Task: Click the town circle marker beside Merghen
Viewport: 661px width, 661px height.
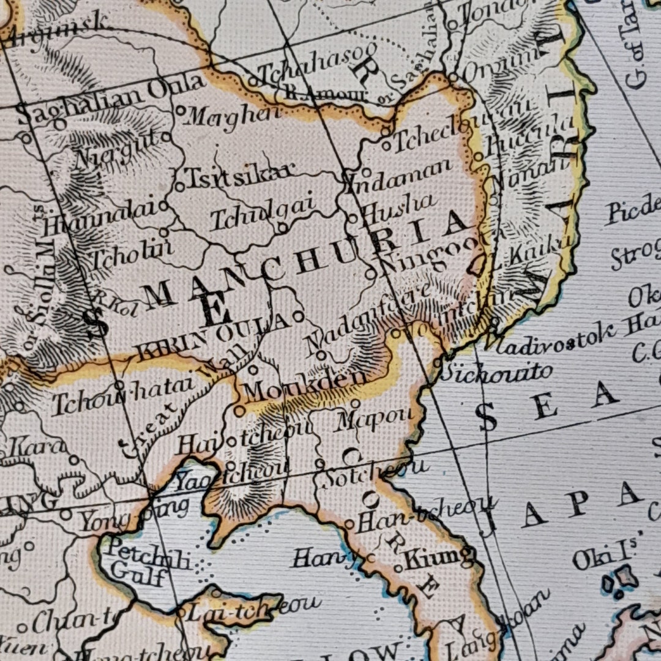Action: [181, 111]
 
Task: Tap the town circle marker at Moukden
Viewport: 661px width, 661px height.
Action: [239, 410]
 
